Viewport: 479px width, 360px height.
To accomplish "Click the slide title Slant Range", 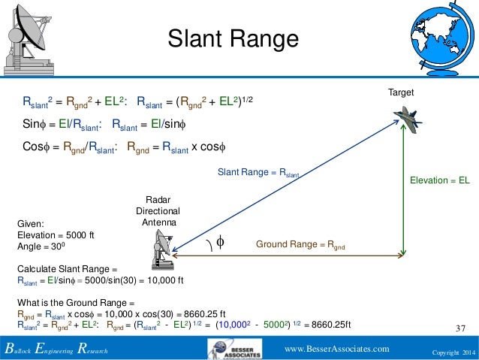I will (232, 38).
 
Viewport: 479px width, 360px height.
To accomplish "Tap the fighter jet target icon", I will (406, 117).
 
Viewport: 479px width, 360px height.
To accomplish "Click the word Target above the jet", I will (401, 92).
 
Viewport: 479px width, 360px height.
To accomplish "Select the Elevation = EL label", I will (439, 181).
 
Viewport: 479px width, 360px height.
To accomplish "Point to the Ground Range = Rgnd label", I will (300, 245).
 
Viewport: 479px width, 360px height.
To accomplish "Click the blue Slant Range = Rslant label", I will (258, 173).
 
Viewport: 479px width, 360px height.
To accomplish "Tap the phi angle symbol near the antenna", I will (220, 242).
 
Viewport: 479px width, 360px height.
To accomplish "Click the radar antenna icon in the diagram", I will (163, 249).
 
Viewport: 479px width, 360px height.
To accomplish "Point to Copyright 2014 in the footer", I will (453, 351).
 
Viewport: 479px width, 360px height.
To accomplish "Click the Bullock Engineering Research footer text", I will (56, 350).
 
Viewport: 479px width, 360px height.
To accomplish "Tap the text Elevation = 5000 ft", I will (53, 234).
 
